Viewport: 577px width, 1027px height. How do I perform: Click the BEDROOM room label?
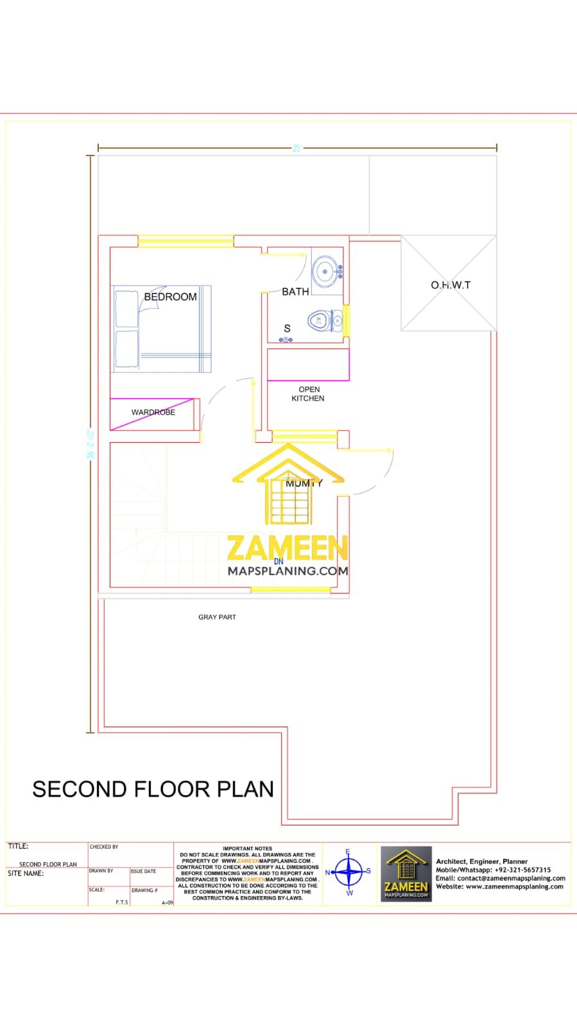click(x=170, y=297)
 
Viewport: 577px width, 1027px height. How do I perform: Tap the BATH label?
click(x=295, y=291)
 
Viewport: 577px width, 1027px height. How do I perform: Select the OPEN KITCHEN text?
click(x=309, y=393)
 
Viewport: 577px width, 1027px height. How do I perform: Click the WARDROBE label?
click(x=153, y=412)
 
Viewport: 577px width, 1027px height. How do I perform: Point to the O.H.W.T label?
click(x=450, y=284)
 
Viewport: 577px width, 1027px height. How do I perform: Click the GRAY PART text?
click(x=217, y=617)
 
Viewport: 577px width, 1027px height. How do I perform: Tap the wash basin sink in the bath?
click(x=325, y=272)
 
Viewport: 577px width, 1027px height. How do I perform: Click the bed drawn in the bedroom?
click(x=162, y=329)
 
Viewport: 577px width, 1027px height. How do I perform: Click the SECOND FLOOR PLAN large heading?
click(x=153, y=789)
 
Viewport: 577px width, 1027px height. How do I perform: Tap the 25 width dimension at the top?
click(x=297, y=148)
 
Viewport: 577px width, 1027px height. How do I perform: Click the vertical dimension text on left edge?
click(x=90, y=444)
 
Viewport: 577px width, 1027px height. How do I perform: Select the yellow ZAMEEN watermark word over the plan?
click(x=287, y=548)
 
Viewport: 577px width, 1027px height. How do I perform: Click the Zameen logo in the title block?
click(x=406, y=874)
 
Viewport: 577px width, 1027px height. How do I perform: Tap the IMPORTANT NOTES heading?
click(x=247, y=849)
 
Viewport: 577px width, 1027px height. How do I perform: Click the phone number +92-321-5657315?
click(x=522, y=870)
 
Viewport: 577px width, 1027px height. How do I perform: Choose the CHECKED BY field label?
click(x=104, y=847)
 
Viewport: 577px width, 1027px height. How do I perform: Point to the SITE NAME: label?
click(x=26, y=873)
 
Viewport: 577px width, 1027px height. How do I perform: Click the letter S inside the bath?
click(x=287, y=328)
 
